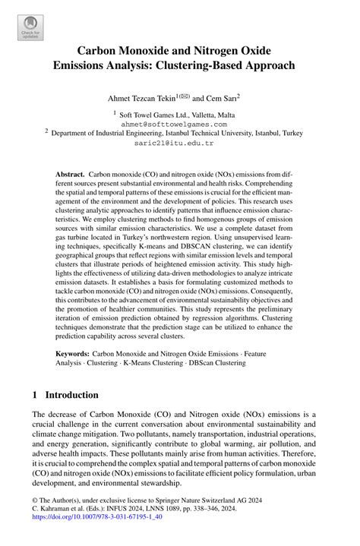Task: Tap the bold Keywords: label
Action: click(73, 354)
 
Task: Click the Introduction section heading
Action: click(72, 395)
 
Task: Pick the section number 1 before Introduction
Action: click(35, 395)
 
